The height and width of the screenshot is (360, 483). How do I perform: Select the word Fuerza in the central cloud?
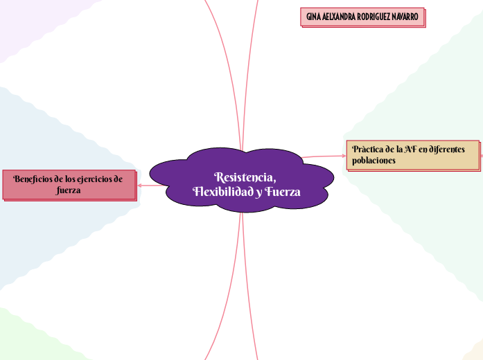coord(283,192)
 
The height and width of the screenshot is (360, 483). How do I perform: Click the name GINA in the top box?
coord(313,17)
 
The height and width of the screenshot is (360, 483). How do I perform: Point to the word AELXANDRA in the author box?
coord(340,17)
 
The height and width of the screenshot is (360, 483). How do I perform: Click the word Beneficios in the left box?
coord(34,178)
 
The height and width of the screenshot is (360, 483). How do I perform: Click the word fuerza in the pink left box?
coord(69,190)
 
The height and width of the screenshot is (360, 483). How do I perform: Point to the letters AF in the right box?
coord(410,149)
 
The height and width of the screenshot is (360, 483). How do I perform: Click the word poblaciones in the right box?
coord(374,161)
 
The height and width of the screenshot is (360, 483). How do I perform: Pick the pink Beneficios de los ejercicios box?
coord(69,184)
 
